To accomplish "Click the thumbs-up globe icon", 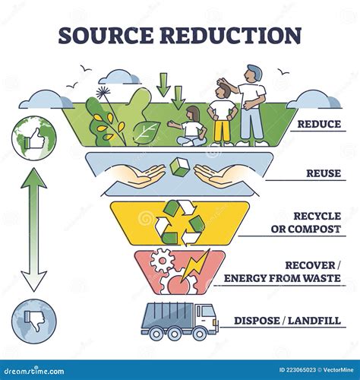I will click(33, 139).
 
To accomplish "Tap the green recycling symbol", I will click(180, 223).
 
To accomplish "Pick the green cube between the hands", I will click(179, 166).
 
